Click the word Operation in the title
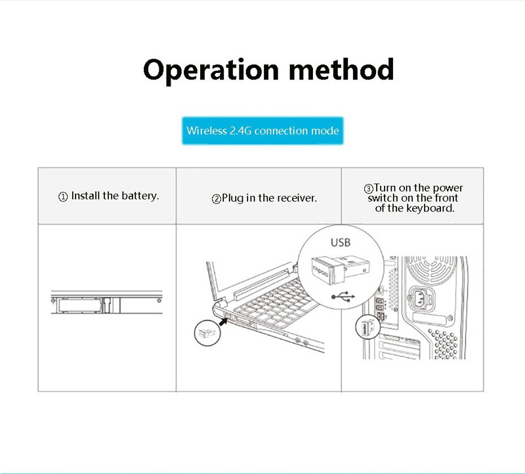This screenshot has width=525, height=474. tap(211, 70)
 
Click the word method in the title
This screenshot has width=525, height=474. tap(341, 69)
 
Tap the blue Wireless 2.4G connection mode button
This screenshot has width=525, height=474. tap(262, 131)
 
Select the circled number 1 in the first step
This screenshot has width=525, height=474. tap(63, 197)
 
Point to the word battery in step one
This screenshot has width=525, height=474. tap(140, 196)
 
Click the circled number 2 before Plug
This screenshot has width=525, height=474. tap(217, 199)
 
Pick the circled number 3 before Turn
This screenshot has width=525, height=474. tap(369, 188)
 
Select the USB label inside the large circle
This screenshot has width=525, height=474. tap(341, 242)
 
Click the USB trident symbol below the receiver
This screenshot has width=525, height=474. tap(343, 297)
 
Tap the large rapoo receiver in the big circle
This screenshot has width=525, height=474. tap(340, 269)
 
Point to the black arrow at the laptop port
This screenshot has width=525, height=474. tap(223, 321)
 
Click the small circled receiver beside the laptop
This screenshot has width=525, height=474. tap(207, 333)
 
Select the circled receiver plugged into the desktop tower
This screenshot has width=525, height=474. tap(367, 327)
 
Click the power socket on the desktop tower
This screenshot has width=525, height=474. tap(420, 298)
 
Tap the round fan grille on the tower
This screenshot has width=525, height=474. tap(432, 270)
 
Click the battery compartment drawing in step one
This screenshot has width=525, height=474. tap(106, 302)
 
